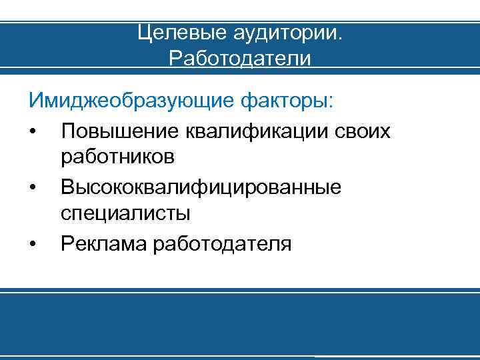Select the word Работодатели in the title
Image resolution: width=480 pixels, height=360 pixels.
pyautogui.click(x=240, y=59)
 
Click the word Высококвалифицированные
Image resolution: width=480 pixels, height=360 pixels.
pyautogui.click(x=201, y=187)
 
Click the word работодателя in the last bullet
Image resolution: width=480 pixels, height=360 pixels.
pyautogui.click(x=223, y=243)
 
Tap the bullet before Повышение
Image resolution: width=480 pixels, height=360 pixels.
pyautogui.click(x=33, y=131)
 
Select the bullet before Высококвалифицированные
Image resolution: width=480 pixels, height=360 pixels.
pyautogui.click(x=33, y=187)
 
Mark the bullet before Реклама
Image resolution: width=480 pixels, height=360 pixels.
pyautogui.click(x=33, y=244)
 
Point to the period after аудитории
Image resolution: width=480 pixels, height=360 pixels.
pyautogui.click(x=339, y=37)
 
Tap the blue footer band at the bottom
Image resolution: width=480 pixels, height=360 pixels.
pyautogui.click(x=240, y=327)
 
